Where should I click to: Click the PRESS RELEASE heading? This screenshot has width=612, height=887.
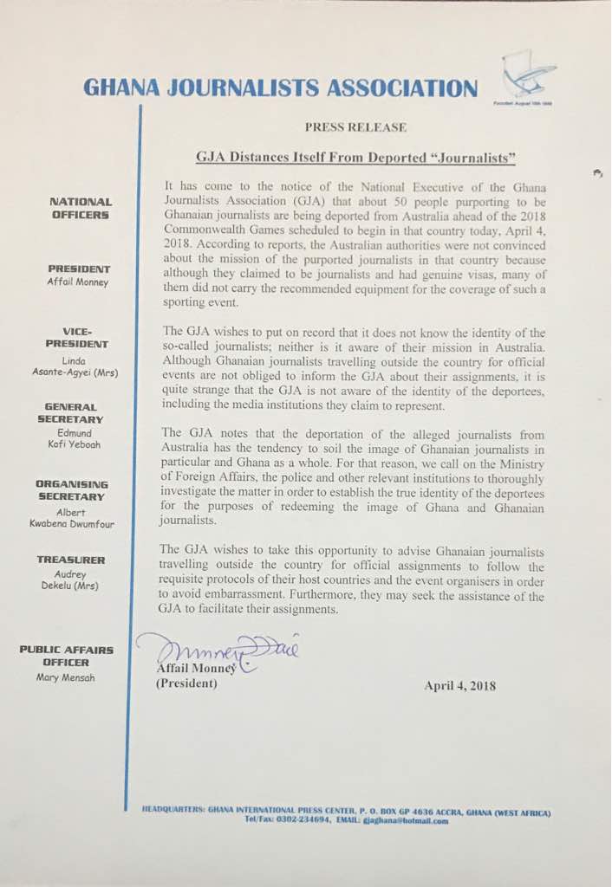pos(355,127)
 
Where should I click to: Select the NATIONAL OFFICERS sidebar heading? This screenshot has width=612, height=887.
pos(79,208)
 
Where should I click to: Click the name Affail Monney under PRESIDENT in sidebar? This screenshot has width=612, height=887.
pos(79,283)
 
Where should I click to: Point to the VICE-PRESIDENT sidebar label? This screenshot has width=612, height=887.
pos(79,338)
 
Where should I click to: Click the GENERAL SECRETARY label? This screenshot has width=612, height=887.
pos(79,412)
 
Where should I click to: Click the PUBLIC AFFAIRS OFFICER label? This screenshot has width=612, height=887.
pos(67,657)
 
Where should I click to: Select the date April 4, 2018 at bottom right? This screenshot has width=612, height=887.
pos(459,685)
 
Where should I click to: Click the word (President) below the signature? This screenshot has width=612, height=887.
pos(186,684)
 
